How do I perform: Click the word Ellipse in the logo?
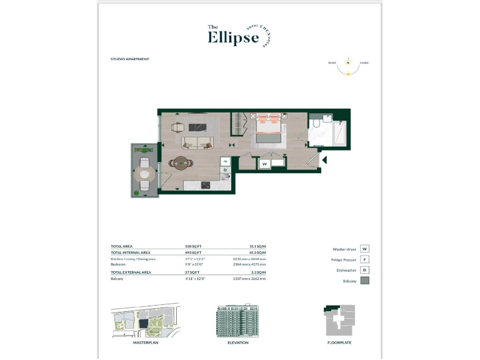point(232,38)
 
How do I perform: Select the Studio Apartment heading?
point(129,59)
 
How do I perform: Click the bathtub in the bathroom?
point(339,132)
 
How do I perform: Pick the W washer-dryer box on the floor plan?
point(265,164)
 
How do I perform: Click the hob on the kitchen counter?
point(204,184)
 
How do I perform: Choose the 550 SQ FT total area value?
point(193,247)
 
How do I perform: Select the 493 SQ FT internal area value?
point(193,252)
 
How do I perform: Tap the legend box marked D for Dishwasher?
point(365,270)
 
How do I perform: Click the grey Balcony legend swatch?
point(365,281)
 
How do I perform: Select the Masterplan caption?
point(144,342)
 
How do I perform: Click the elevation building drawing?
point(237,321)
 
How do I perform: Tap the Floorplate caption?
point(339,342)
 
